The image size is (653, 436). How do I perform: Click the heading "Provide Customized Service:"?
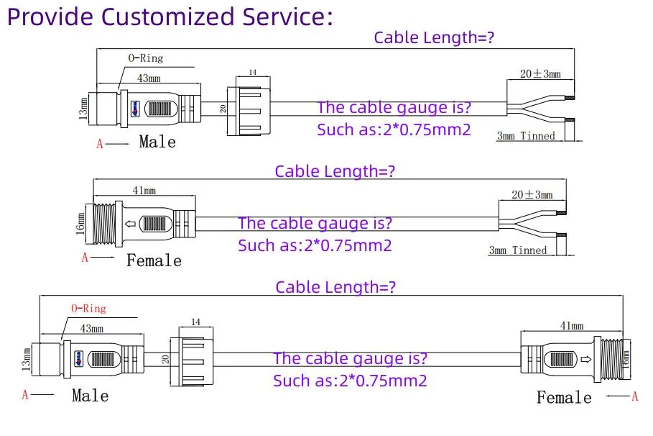(170, 17)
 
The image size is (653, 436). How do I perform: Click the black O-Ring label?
(146, 58)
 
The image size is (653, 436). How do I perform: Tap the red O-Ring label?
(88, 309)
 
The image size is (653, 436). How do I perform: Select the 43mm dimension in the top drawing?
(149, 78)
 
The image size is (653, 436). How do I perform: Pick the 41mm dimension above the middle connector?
(144, 191)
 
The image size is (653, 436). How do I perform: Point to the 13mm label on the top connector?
(83, 109)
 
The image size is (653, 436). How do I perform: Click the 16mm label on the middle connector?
(80, 224)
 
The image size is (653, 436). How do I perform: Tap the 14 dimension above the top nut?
(253, 72)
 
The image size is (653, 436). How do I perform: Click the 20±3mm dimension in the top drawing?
(540, 74)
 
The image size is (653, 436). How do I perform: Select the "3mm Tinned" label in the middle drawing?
(518, 250)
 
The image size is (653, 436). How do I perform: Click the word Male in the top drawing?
(157, 142)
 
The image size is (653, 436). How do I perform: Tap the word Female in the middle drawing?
(154, 260)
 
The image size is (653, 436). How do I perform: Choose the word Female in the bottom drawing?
(564, 397)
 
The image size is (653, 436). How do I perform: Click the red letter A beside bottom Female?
(634, 396)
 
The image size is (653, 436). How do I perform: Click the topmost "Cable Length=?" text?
(434, 37)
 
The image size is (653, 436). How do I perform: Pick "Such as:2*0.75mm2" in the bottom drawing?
(351, 381)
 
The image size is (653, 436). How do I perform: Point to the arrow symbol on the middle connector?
(130, 224)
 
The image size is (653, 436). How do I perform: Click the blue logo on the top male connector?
(135, 109)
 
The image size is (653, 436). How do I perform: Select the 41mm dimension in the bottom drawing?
(572, 326)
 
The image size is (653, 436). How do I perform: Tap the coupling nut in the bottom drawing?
(192, 361)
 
